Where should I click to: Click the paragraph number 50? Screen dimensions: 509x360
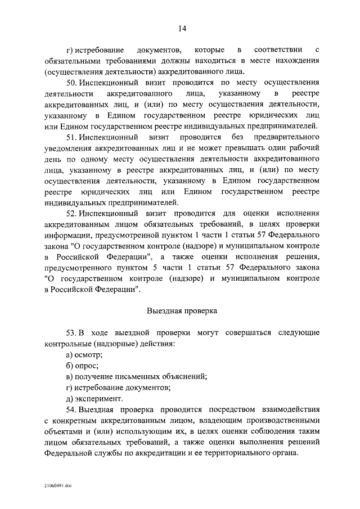point(71,82)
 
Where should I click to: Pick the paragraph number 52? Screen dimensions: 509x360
point(71,214)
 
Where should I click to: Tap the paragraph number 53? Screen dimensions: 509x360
point(71,331)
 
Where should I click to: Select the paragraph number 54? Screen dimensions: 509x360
point(71,408)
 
